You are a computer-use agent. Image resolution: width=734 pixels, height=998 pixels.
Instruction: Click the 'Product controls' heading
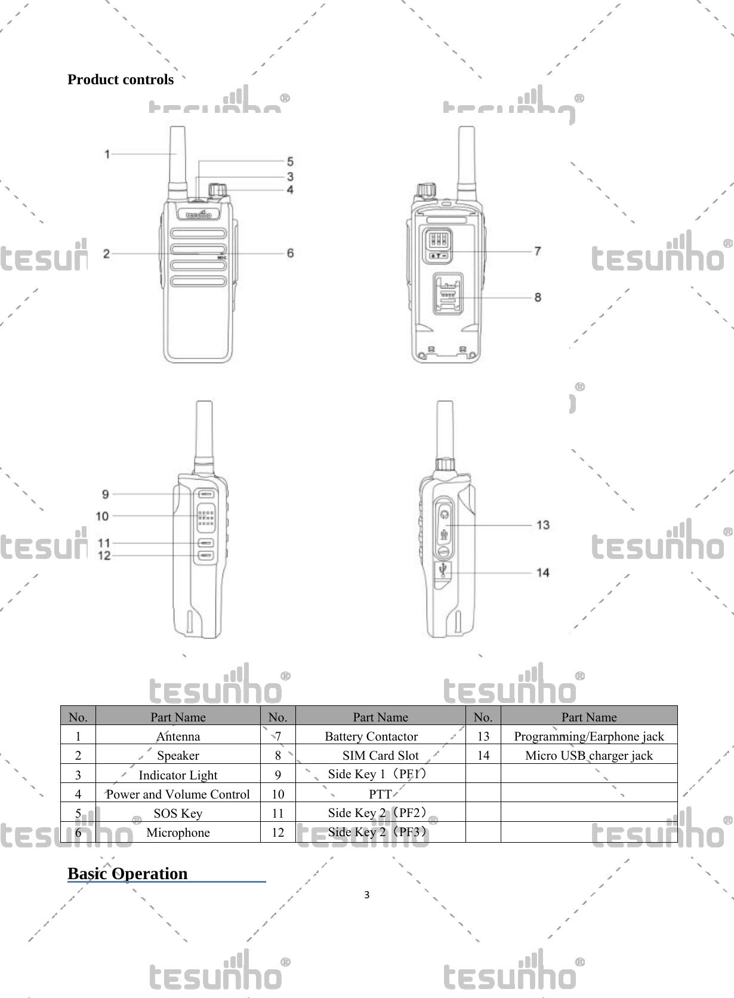(x=120, y=79)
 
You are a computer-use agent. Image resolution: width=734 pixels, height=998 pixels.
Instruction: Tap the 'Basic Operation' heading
(x=127, y=873)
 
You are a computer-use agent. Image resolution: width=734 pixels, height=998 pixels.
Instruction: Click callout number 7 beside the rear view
(x=537, y=251)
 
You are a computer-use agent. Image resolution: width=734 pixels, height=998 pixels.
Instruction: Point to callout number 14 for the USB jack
(x=542, y=572)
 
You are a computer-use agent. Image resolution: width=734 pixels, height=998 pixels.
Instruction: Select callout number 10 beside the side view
(x=103, y=516)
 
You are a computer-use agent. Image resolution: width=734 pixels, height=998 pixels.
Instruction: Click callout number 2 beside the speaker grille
(x=106, y=254)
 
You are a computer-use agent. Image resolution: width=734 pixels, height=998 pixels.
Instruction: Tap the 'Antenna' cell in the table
(x=178, y=736)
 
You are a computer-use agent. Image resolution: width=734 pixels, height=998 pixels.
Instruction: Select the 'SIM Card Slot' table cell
(x=380, y=755)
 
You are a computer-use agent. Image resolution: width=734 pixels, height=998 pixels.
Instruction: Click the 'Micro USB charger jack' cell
(x=588, y=755)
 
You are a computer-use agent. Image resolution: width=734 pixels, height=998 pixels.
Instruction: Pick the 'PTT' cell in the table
(x=380, y=794)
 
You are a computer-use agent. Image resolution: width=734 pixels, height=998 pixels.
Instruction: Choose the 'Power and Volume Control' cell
(x=178, y=794)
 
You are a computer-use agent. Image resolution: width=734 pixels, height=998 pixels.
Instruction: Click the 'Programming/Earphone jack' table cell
(x=588, y=736)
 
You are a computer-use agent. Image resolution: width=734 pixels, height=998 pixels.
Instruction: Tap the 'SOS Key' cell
(x=178, y=813)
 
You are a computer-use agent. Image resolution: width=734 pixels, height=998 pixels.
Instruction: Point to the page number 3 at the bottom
(x=366, y=895)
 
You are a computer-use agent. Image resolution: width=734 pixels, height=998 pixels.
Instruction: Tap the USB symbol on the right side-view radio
(x=443, y=570)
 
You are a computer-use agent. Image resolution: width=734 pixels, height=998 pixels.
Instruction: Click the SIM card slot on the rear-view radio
(x=448, y=294)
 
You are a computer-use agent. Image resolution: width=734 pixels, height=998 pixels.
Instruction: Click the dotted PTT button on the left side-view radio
(x=206, y=518)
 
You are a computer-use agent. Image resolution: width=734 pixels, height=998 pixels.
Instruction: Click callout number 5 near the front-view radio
(x=290, y=161)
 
